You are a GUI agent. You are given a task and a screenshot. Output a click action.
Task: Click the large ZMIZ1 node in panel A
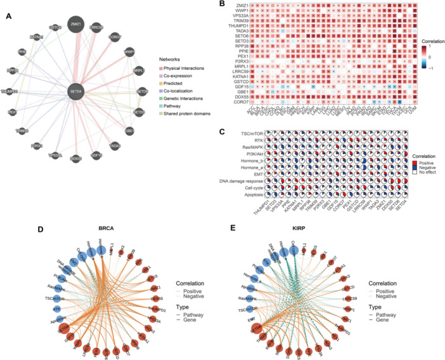point(76,23)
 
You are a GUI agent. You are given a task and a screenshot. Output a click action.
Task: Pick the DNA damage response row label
point(233,181)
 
